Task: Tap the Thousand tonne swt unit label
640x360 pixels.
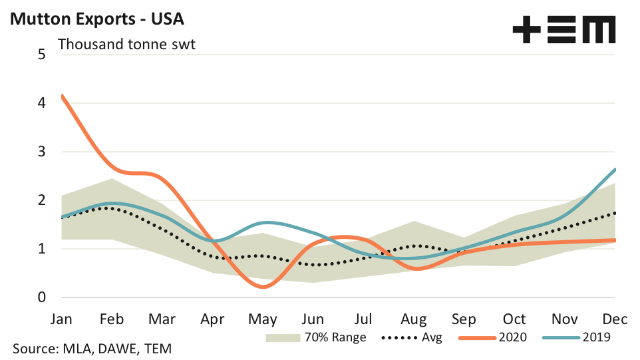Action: pos(126,45)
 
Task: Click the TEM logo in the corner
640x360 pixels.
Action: pos(564,29)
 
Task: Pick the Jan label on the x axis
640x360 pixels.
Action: pos(62,319)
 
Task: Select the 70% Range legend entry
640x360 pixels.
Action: pos(315,337)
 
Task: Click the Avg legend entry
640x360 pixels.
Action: pos(412,337)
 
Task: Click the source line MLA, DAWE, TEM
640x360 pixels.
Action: pos(96,349)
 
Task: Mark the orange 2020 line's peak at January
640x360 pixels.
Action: pos(63,96)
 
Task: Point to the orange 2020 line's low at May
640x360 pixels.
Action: pos(263,287)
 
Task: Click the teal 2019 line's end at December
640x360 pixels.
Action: pos(615,169)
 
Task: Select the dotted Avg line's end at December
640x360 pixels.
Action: pos(615,213)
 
